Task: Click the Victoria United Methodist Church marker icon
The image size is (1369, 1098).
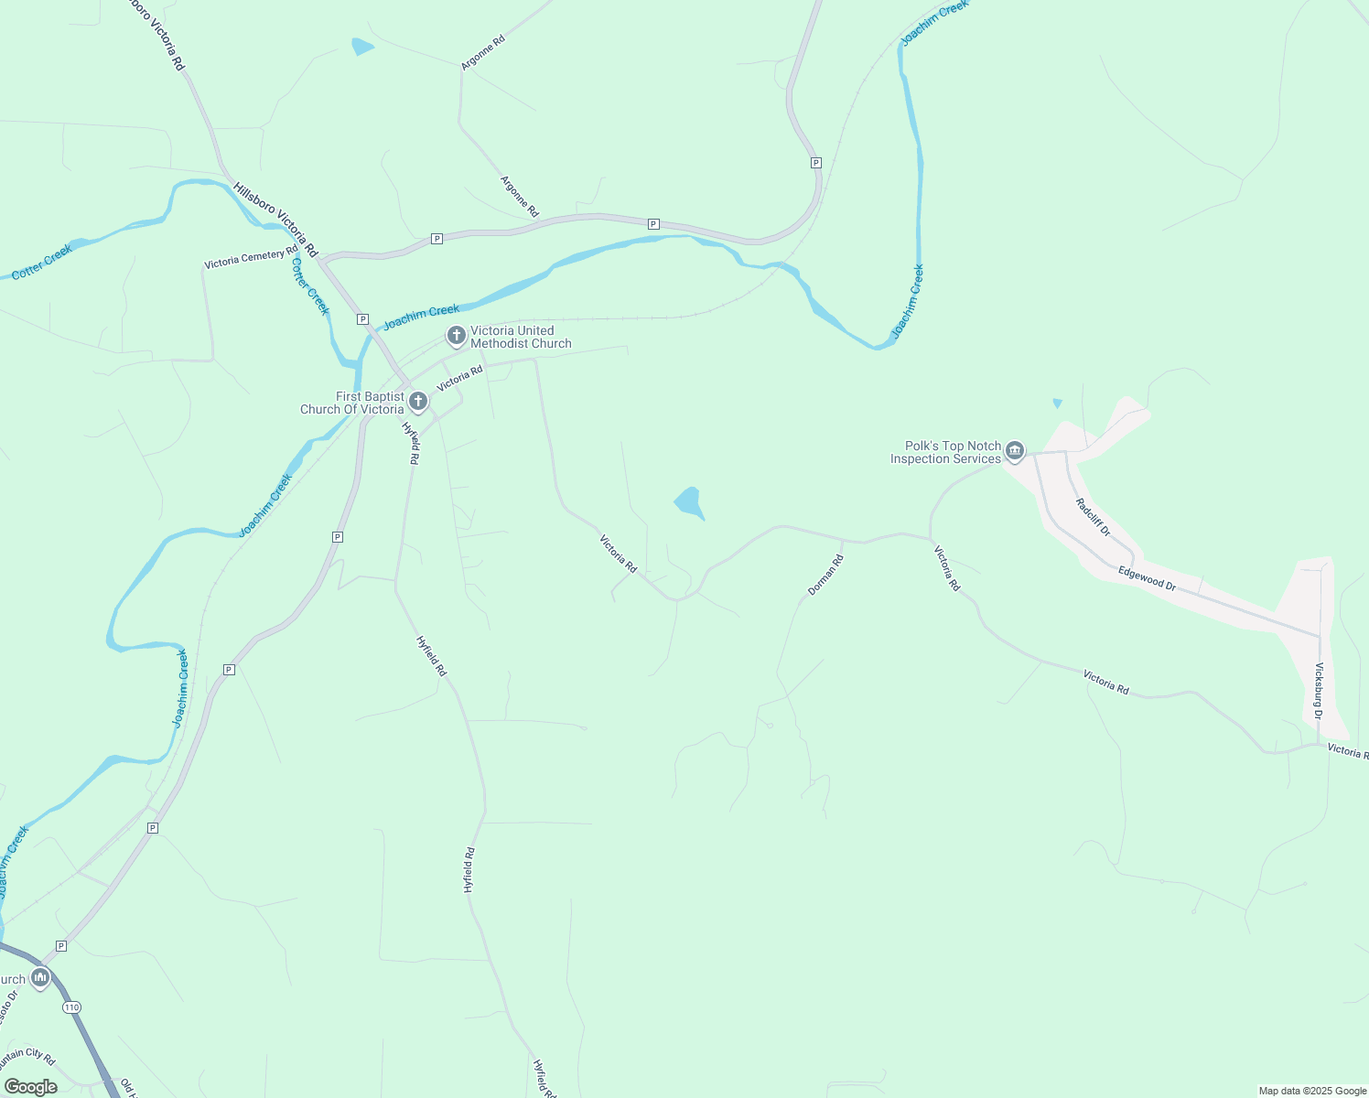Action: [456, 336]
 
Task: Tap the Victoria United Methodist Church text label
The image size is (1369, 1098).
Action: [521, 338]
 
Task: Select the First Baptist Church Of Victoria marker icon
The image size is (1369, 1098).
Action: [418, 401]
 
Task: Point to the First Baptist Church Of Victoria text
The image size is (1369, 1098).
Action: [352, 404]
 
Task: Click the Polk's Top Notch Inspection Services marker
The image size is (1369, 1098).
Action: [1014, 450]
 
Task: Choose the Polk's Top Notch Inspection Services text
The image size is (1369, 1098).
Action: [945, 453]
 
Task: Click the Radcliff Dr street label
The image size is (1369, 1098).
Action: [1093, 517]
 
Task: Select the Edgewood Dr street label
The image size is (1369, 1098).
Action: [1147, 577]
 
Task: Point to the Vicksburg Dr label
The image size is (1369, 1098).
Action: [1319, 691]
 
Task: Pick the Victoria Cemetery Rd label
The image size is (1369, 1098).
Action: [251, 258]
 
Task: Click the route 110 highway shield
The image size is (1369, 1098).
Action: [72, 1007]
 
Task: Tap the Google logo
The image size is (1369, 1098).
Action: [30, 1087]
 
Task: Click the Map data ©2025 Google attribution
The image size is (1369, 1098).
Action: [1312, 1091]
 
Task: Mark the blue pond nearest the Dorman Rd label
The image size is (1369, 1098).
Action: [689, 502]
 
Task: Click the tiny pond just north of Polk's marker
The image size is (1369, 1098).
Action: [1058, 403]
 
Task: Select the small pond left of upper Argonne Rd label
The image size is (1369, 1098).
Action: [362, 46]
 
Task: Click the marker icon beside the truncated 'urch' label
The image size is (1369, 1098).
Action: [40, 978]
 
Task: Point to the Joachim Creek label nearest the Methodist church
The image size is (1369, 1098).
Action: [421, 318]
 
